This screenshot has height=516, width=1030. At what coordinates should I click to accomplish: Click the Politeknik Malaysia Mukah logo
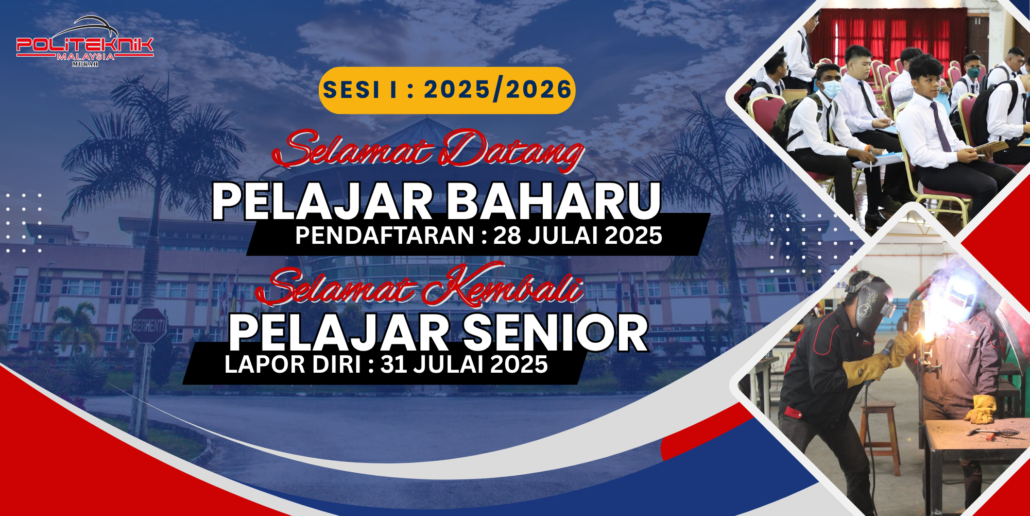tap(85, 42)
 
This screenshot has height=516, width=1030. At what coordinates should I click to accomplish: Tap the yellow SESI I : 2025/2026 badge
tap(447, 90)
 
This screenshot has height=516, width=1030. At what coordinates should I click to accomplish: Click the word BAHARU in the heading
tap(553, 201)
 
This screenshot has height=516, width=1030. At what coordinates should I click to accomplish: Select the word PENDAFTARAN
tap(384, 236)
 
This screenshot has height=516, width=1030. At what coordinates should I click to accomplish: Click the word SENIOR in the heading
tap(556, 334)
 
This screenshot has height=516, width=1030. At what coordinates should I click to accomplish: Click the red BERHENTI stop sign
tap(149, 326)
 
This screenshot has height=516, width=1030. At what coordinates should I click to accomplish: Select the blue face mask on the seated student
tap(830, 88)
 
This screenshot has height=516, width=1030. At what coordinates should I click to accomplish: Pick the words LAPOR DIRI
tap(293, 364)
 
